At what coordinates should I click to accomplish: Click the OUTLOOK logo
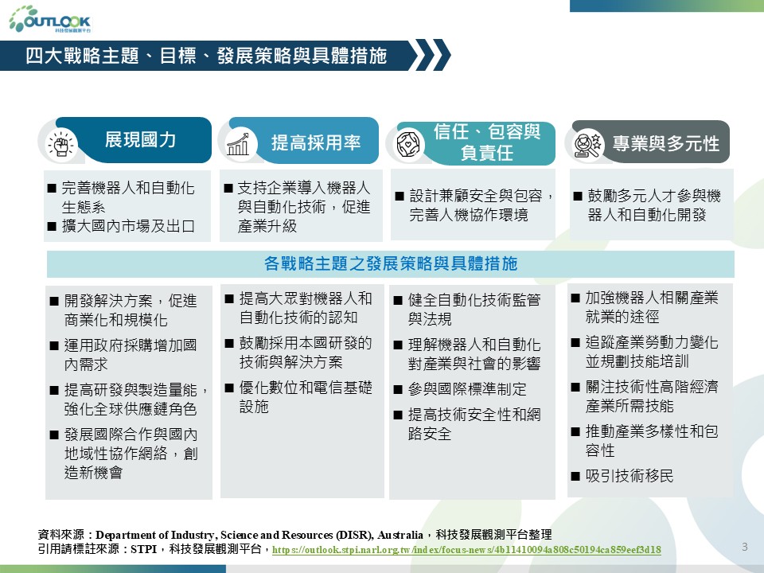(x=49, y=19)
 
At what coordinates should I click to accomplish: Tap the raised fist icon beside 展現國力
(x=61, y=145)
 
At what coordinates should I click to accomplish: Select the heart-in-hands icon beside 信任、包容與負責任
(x=408, y=144)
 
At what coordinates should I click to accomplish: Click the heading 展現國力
(x=140, y=140)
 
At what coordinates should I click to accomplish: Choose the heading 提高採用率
(x=316, y=142)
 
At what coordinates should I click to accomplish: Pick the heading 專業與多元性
(x=665, y=143)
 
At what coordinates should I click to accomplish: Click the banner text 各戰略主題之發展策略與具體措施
(x=391, y=263)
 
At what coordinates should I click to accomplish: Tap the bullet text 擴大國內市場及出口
(x=128, y=226)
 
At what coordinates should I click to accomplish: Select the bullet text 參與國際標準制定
(x=467, y=389)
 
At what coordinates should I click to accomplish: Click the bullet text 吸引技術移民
(x=630, y=476)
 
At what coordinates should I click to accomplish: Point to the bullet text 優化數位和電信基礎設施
(x=306, y=396)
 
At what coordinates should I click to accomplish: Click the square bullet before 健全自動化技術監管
(x=398, y=300)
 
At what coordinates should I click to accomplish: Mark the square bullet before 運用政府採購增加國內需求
(x=54, y=346)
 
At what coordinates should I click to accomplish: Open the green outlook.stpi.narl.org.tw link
(x=466, y=550)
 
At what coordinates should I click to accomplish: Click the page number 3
(x=745, y=547)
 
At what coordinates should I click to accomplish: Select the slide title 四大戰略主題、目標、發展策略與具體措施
(x=206, y=56)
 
